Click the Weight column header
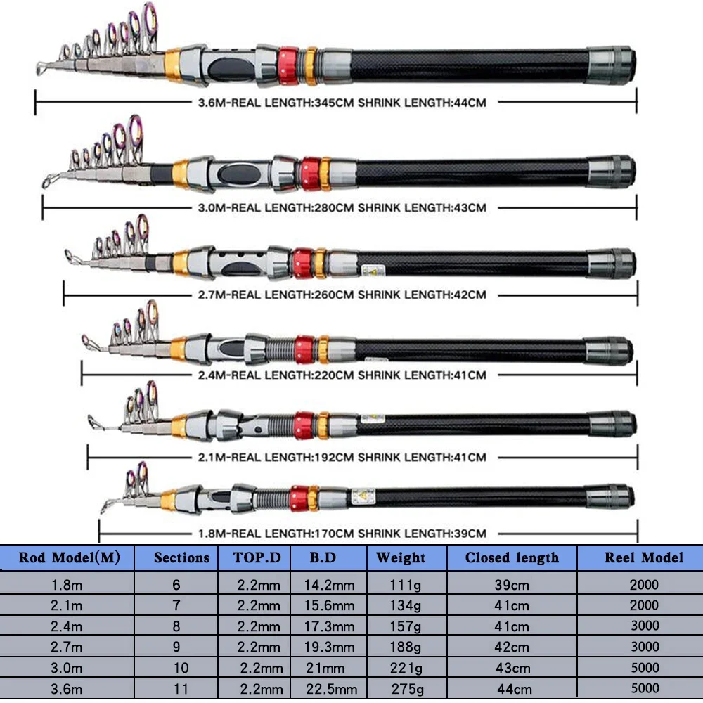(401, 558)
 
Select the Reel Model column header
(644, 558)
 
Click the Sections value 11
(176, 689)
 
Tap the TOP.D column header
(257, 558)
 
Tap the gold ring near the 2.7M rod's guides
(180, 263)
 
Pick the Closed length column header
(512, 558)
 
